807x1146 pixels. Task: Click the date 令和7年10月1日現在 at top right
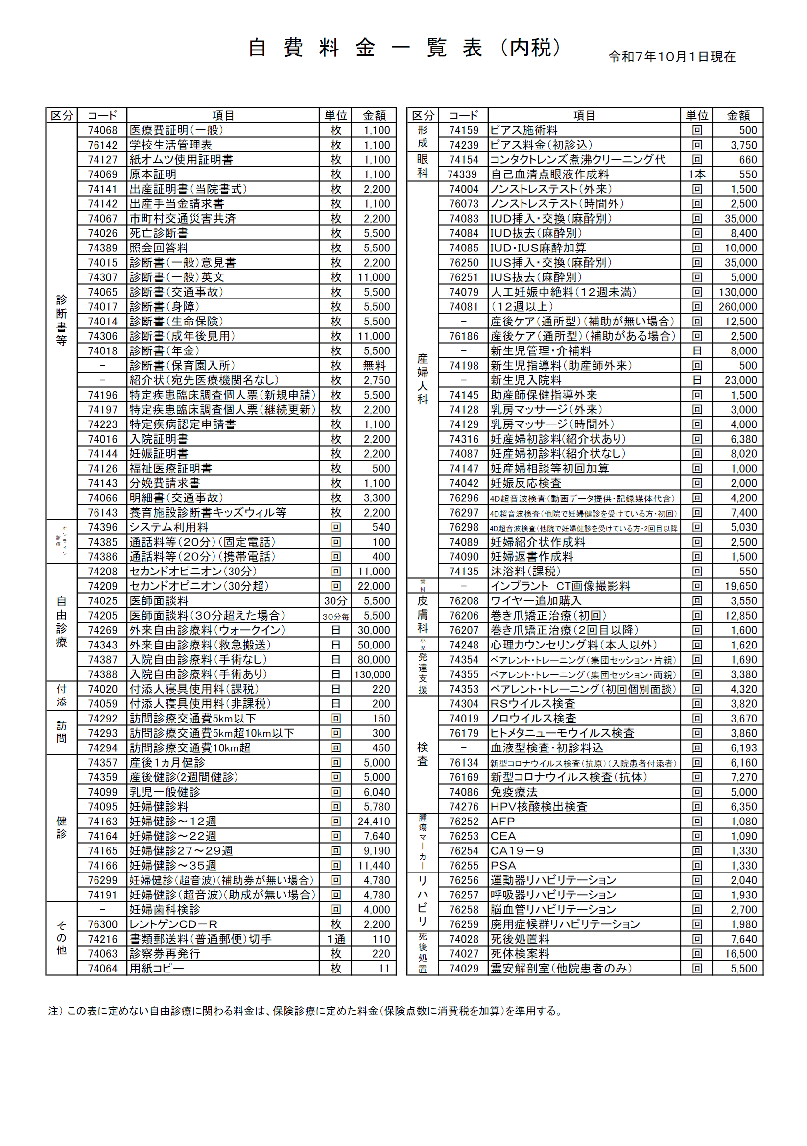pyautogui.click(x=671, y=57)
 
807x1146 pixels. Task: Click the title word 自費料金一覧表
pyautogui.click(x=365, y=49)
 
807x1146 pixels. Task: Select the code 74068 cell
pyautogui.click(x=102, y=131)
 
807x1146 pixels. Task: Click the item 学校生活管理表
pyautogui.click(x=170, y=145)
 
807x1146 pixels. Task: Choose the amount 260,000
pyautogui.click(x=737, y=307)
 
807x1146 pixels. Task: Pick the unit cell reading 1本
pyautogui.click(x=696, y=174)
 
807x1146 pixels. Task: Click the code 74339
pyautogui.click(x=463, y=174)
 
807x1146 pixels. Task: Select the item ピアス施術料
pyautogui.click(x=523, y=131)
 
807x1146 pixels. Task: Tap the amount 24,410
pyautogui.click(x=374, y=822)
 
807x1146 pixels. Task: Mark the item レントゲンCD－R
pyautogui.click(x=173, y=924)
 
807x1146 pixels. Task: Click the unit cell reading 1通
pyautogui.click(x=335, y=939)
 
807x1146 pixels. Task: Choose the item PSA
pyautogui.click(x=503, y=866)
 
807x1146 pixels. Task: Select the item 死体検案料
pyautogui.click(x=520, y=954)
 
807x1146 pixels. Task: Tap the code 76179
pyautogui.click(x=463, y=733)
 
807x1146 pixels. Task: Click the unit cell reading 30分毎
pyautogui.click(x=335, y=617)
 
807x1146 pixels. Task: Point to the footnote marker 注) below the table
pyautogui.click(x=55, y=1011)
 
